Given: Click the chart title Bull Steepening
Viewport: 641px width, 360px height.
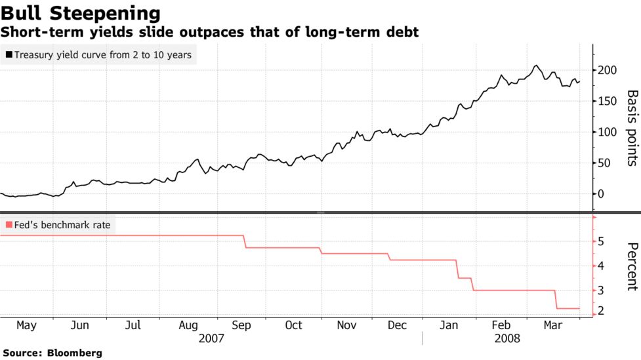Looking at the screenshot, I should click(81, 12).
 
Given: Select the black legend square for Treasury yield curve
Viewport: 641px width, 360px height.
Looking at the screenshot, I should click(9, 55).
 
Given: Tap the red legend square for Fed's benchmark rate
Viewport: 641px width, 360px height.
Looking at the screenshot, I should click(9, 226).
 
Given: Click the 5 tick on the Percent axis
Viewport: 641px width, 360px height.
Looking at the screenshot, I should click(601, 242).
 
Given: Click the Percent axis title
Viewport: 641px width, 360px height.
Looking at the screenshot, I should click(631, 266).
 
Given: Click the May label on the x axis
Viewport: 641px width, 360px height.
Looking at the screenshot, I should click(26, 325).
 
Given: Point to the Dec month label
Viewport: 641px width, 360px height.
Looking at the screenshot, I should click(397, 325).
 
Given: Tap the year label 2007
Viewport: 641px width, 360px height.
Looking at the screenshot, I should click(211, 339).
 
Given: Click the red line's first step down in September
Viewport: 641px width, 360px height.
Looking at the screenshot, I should click(245, 241).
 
